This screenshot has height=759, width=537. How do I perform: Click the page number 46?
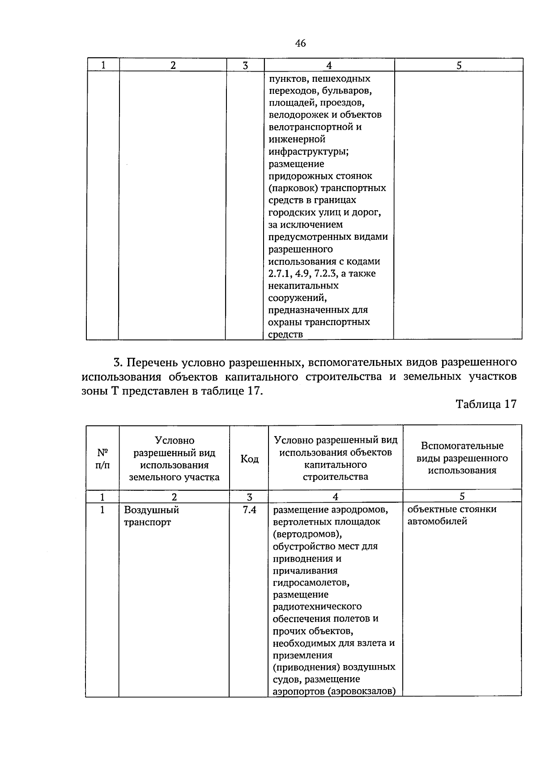tap(300, 43)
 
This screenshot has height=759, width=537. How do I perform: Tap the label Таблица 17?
tap(486, 404)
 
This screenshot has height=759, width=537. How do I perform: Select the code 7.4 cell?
tap(249, 509)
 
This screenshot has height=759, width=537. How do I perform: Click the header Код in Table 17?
tap(249, 459)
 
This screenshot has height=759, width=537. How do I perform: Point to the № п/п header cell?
tap(102, 458)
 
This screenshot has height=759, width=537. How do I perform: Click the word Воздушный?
tap(151, 510)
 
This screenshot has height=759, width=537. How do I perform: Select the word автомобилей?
tap(437, 521)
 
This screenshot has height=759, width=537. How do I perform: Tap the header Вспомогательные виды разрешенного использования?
tap(462, 458)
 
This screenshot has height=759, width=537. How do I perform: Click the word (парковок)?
tap(290, 188)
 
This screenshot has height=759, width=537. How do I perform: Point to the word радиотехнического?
tap(317, 606)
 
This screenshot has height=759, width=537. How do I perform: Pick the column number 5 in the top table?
tap(459, 65)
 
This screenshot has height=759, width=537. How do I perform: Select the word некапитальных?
tap(303, 285)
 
